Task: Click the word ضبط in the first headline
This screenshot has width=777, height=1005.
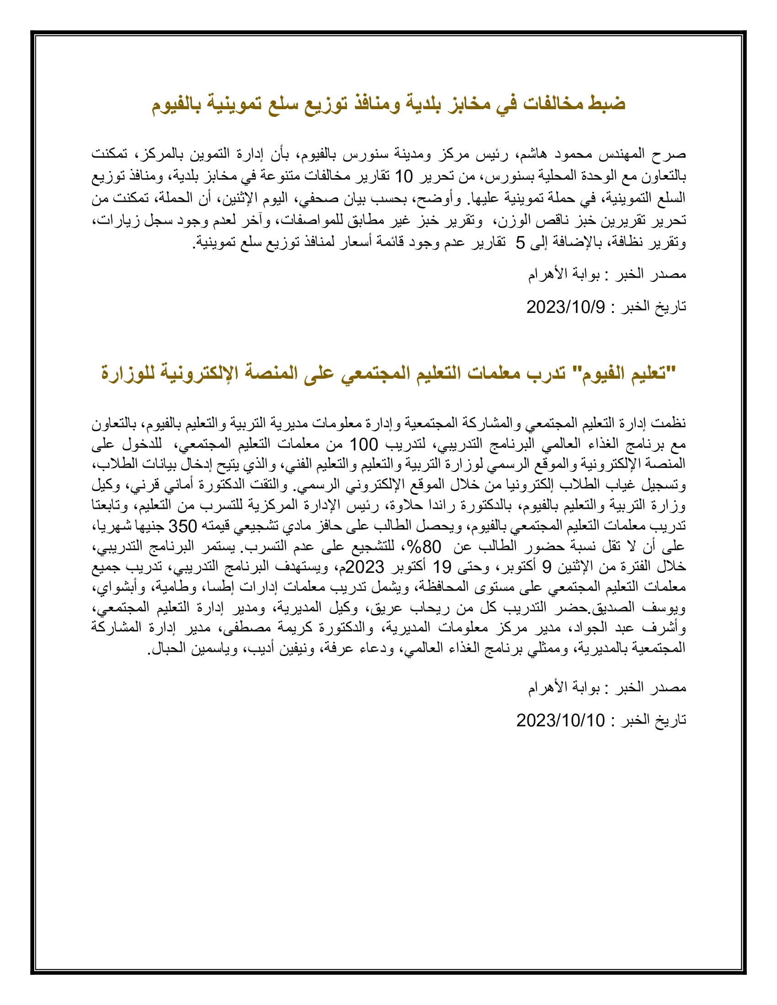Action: (607, 103)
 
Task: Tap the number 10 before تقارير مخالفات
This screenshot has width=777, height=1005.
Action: (404, 176)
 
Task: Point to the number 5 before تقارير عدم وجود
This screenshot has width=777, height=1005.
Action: (520, 243)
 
